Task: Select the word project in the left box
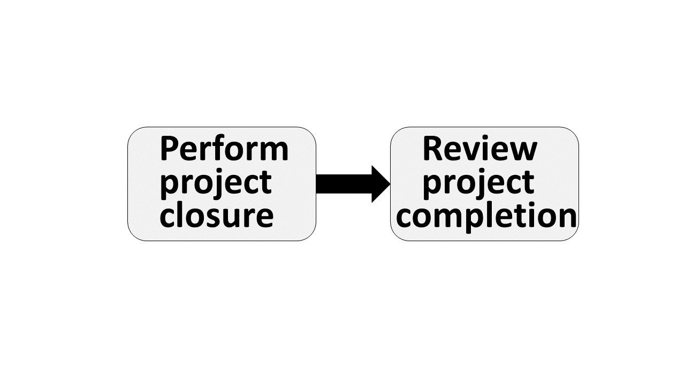coord(216,183)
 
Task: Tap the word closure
coord(217,215)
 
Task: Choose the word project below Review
coord(478,183)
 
